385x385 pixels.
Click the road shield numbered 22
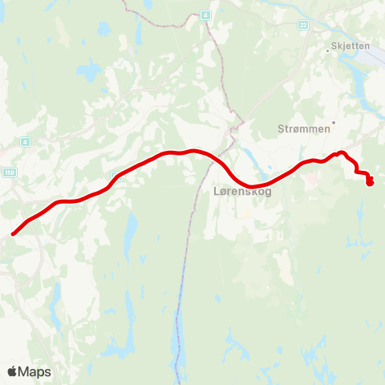[303, 26]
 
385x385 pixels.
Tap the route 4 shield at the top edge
[205, 15]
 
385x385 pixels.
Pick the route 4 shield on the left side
[26, 142]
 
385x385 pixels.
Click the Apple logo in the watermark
[13, 371]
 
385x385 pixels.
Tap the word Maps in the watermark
[34, 371]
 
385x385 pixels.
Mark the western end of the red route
[14, 234]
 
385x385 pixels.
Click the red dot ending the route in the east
[370, 183]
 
